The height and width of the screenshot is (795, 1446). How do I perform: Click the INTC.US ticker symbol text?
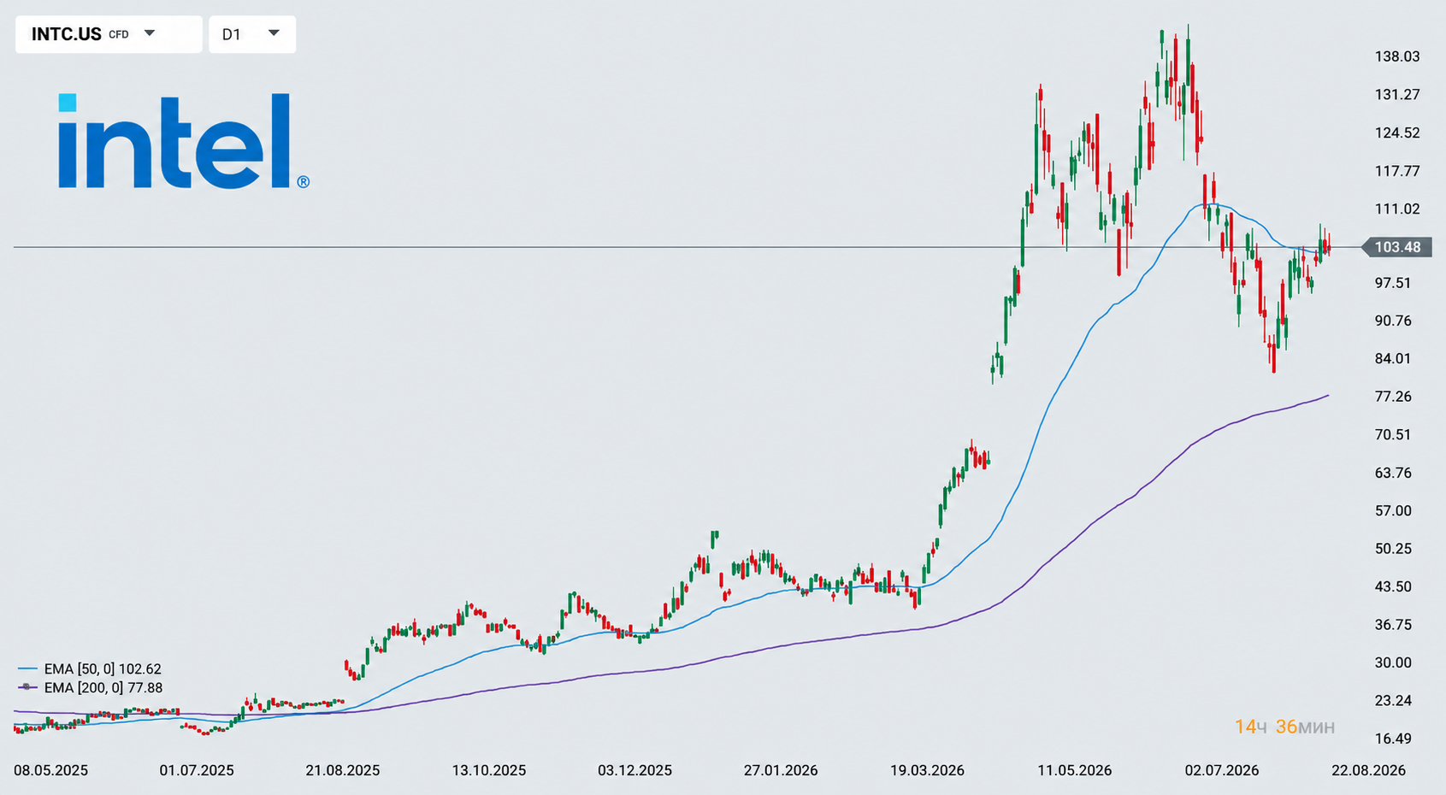tap(67, 34)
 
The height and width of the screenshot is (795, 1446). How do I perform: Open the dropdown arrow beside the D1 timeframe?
tap(274, 32)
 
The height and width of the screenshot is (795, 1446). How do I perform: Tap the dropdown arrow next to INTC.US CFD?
tap(150, 32)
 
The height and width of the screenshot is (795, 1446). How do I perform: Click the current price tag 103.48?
tap(1397, 247)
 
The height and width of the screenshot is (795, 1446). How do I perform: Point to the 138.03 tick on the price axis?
tap(1397, 56)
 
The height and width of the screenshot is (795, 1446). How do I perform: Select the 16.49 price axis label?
tap(1393, 739)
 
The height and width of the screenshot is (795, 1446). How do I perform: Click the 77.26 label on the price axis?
tap(1393, 396)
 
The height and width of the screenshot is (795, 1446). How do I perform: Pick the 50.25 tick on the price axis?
tap(1393, 549)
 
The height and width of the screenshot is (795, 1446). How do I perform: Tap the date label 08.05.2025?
tap(51, 770)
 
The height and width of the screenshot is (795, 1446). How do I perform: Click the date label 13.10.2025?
tap(488, 770)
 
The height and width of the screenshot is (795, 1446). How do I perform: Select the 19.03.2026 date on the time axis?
tap(927, 770)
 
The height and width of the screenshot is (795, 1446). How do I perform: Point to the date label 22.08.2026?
tap(1368, 770)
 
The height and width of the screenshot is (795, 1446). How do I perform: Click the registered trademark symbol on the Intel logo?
tap(303, 182)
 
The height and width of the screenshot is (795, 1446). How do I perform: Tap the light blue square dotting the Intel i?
tap(68, 103)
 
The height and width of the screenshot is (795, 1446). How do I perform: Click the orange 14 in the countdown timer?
tap(1245, 727)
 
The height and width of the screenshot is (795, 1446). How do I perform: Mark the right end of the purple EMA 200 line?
tap(1328, 395)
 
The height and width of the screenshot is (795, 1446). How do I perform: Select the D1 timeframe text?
tap(231, 34)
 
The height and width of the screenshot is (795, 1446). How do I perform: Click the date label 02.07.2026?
tap(1221, 770)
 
